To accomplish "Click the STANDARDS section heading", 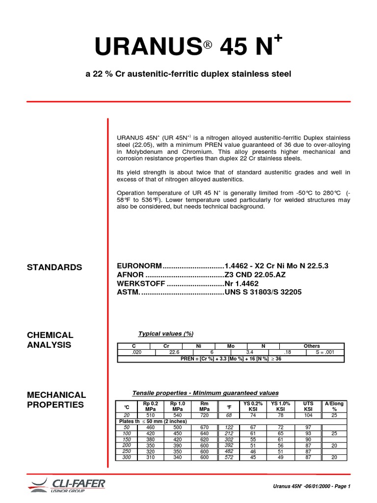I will [54, 267].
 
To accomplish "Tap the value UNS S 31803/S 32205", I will [263, 292].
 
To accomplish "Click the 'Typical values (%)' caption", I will [166, 334].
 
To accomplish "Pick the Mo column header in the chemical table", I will [231, 346].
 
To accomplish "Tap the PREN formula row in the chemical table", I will [230, 359].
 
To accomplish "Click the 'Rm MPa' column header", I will [205, 406].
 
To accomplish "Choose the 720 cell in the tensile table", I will [205, 415].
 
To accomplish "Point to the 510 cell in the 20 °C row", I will [150, 415].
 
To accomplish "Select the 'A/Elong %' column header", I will [334, 406].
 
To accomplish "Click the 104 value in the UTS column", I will [308, 415].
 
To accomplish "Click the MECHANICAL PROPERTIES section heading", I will [56, 399].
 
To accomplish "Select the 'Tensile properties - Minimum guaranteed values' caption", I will [206, 393].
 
